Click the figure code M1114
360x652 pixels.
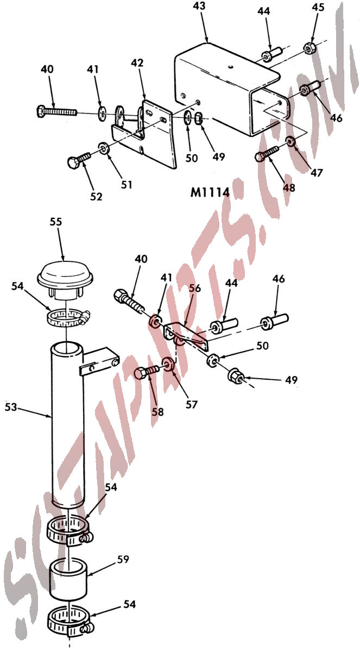point(210,192)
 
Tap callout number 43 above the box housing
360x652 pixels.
point(199,6)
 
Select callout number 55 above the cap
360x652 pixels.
point(56,222)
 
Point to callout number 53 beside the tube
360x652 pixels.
point(11,407)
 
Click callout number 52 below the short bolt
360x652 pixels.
point(96,197)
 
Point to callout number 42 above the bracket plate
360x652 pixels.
point(137,63)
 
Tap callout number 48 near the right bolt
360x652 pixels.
point(289,188)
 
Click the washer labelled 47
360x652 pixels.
point(290,142)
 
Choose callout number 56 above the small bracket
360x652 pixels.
point(195,288)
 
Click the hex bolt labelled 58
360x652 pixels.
point(147,373)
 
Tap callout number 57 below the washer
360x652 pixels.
point(191,405)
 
